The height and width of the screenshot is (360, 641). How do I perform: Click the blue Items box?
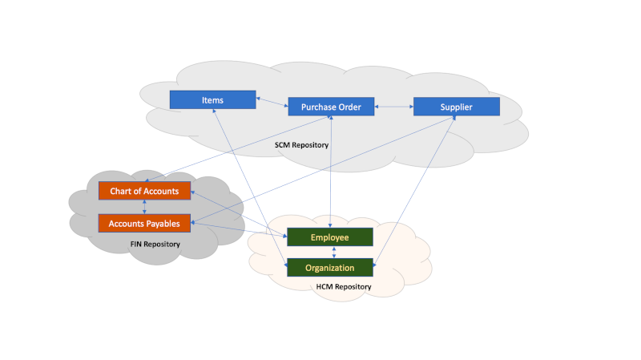[x=212, y=100]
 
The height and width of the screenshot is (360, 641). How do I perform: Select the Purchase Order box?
[x=331, y=107]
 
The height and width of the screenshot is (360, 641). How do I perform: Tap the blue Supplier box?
[x=456, y=107]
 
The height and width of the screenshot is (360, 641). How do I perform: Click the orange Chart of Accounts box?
[x=144, y=191]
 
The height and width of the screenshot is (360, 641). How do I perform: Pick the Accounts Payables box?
[x=144, y=223]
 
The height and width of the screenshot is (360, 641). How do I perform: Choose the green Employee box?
[x=330, y=237]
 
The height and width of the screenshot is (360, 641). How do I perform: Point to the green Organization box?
[x=330, y=268]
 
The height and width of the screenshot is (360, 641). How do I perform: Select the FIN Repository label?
[x=155, y=244]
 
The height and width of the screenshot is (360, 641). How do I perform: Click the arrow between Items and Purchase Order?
[x=272, y=103]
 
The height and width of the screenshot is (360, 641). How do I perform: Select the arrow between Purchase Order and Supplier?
[x=393, y=107]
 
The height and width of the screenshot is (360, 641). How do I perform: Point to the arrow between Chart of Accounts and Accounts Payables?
[x=144, y=207]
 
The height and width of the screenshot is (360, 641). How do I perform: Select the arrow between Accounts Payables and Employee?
[x=240, y=229]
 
